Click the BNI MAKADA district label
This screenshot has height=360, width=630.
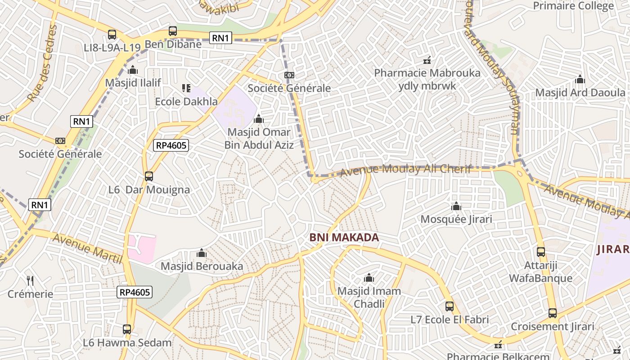click(x=344, y=238)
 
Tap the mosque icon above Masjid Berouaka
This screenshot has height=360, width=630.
click(x=202, y=253)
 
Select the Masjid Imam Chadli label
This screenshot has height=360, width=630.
click(x=369, y=297)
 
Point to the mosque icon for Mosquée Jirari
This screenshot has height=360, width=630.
click(x=456, y=206)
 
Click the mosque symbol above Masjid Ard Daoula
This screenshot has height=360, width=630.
click(x=580, y=80)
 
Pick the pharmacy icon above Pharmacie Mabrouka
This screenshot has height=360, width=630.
click(x=427, y=60)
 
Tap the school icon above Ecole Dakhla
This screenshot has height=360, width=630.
click(x=186, y=88)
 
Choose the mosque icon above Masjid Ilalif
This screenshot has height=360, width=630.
click(x=133, y=70)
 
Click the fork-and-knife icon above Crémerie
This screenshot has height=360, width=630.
click(x=30, y=281)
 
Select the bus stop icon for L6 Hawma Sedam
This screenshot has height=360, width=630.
click(x=127, y=329)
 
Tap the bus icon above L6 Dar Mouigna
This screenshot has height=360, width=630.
click(x=149, y=176)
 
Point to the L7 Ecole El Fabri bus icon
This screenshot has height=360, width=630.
click(x=449, y=306)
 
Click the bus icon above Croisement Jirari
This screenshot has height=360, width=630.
click(x=553, y=313)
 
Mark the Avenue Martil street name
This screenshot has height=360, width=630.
click(x=87, y=248)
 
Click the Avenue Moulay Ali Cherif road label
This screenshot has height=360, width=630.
click(x=405, y=170)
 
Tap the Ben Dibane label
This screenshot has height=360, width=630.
click(x=173, y=45)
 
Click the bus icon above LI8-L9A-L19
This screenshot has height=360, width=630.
click(x=112, y=34)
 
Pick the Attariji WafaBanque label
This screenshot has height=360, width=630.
click(x=541, y=271)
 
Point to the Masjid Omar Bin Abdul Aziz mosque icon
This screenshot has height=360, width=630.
click(x=259, y=119)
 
